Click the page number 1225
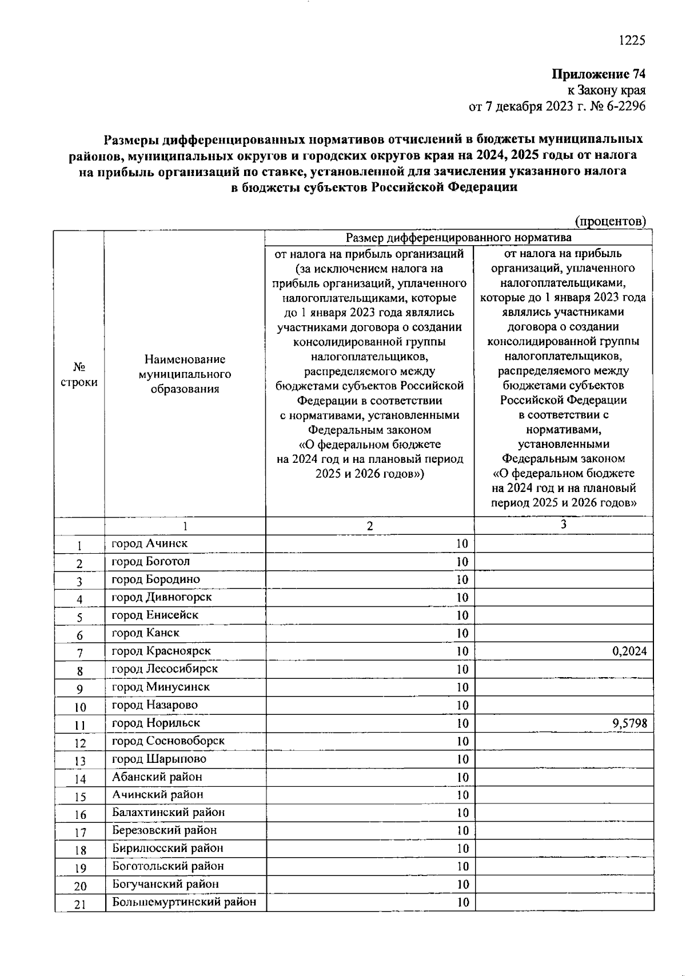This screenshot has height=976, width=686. coord(632,40)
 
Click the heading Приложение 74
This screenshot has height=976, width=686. coord(598,74)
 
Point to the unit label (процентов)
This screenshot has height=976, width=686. coord(610,221)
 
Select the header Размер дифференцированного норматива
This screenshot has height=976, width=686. coord(458,238)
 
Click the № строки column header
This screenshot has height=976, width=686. coord(79,374)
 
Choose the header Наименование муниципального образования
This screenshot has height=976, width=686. coord(185,374)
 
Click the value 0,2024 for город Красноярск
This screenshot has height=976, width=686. coord(629,651)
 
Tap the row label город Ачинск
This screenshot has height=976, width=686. coord(149,543)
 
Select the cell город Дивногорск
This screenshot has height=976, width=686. coord(161,597)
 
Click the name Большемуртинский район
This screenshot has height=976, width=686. coord(184,902)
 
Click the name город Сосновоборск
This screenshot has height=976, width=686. coord(168,741)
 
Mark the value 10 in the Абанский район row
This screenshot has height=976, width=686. coord(462,777)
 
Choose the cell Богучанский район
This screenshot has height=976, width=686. coord(165,884)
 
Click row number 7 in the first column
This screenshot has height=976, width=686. coord(80,653)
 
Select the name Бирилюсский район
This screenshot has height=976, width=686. coord(167,849)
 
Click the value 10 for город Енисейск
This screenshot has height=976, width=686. coord(462,615)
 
